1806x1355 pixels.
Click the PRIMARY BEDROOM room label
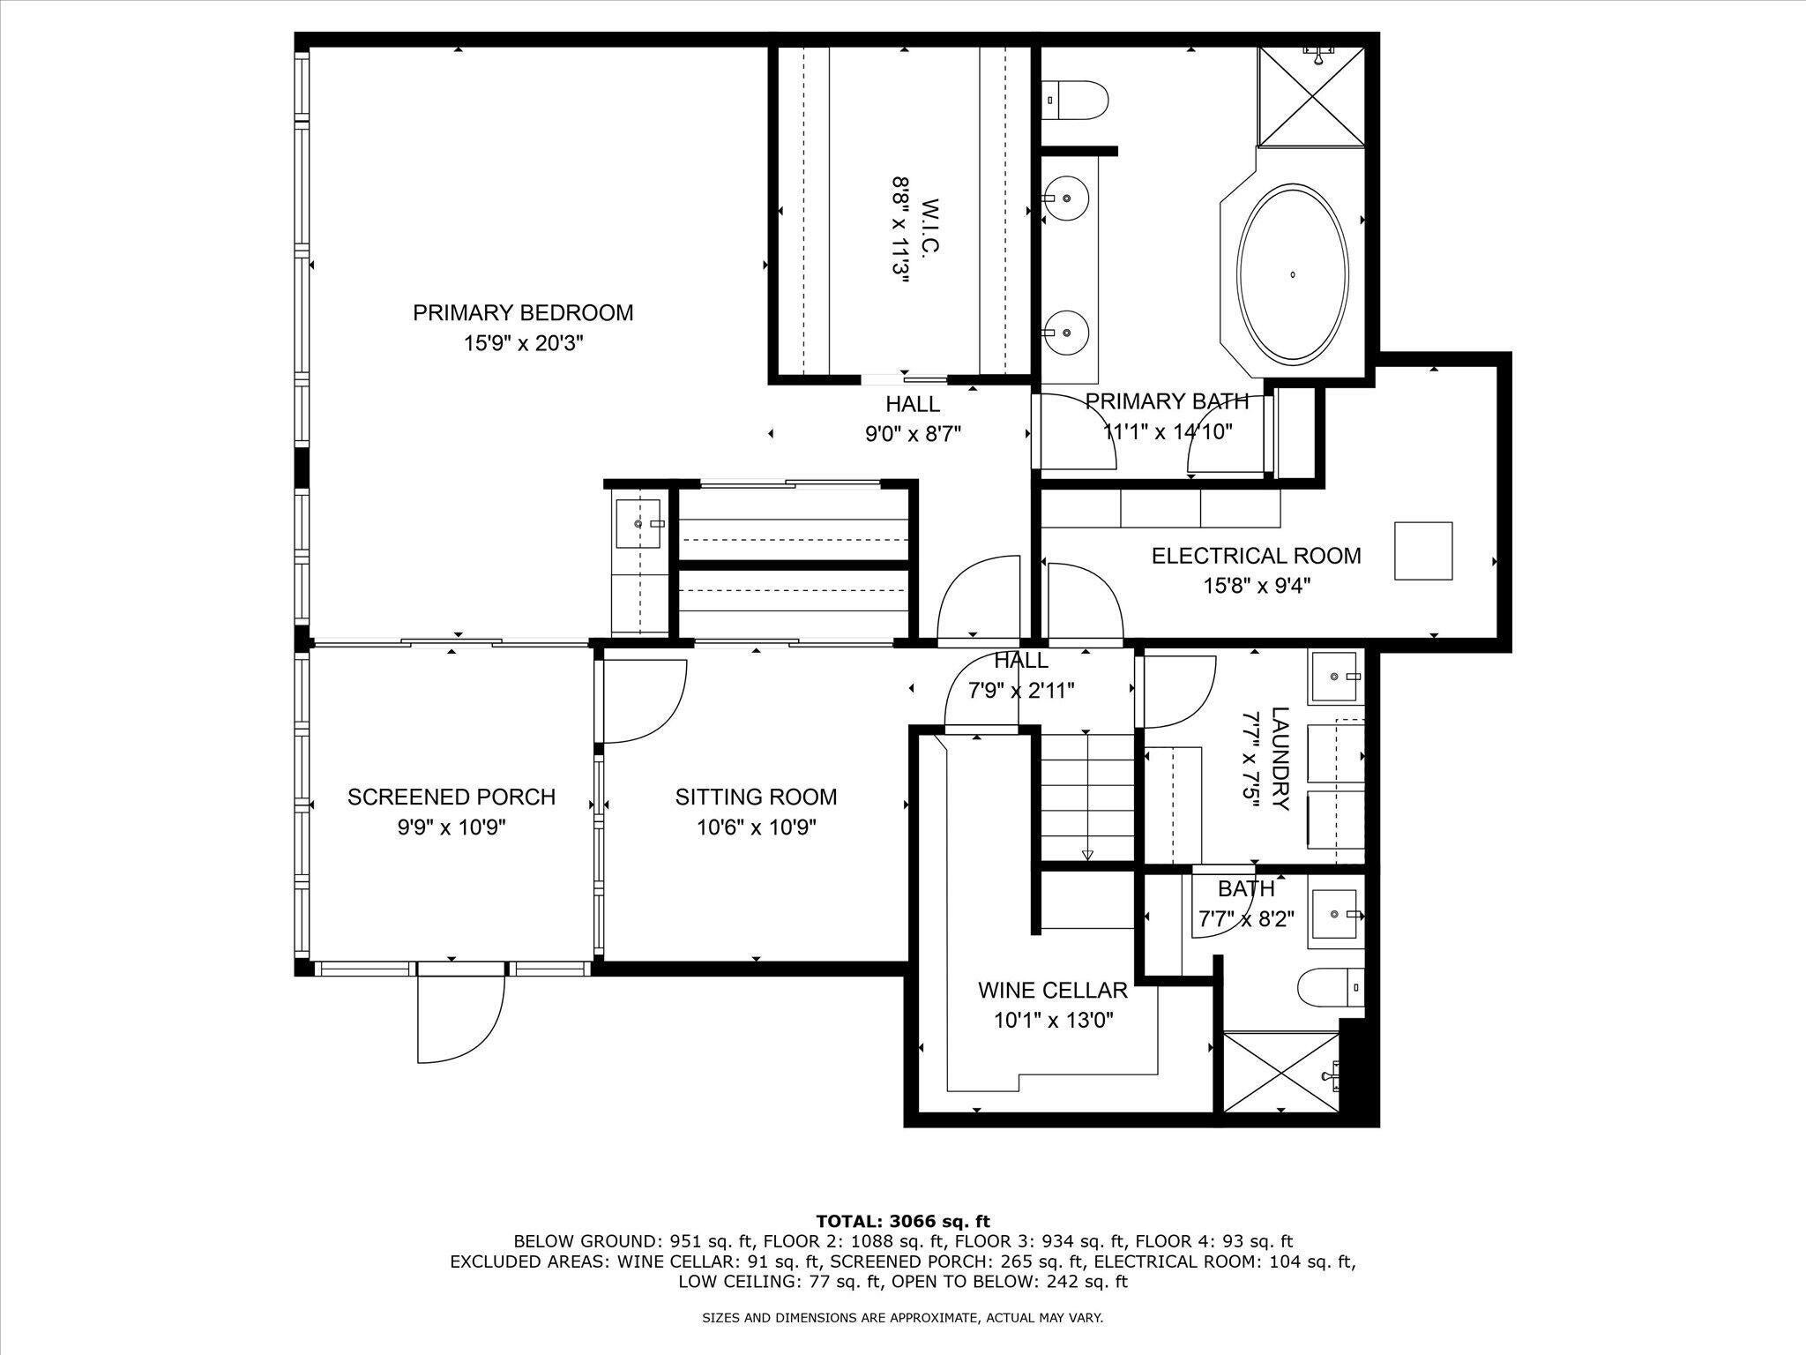coord(523,313)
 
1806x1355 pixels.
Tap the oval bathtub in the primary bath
coord(1293,274)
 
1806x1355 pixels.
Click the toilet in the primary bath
coord(1075,101)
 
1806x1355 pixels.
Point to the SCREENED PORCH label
coord(451,797)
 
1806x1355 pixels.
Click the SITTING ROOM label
coord(756,797)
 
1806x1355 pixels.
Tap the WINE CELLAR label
coord(1052,990)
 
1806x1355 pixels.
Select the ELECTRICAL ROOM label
coord(1256,556)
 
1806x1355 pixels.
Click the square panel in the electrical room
coord(1422,550)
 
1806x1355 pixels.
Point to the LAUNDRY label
coord(1279,759)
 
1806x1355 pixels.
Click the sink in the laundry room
coord(1336,677)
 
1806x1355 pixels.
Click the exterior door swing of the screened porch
coord(460,1014)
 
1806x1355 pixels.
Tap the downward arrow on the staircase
coord(1087,854)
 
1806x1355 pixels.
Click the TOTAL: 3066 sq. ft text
coord(902,1222)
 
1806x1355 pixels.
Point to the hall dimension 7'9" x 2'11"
coord(1020,691)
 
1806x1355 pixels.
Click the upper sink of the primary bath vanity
coord(1066,198)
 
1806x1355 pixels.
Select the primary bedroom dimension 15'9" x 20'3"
coord(523,343)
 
